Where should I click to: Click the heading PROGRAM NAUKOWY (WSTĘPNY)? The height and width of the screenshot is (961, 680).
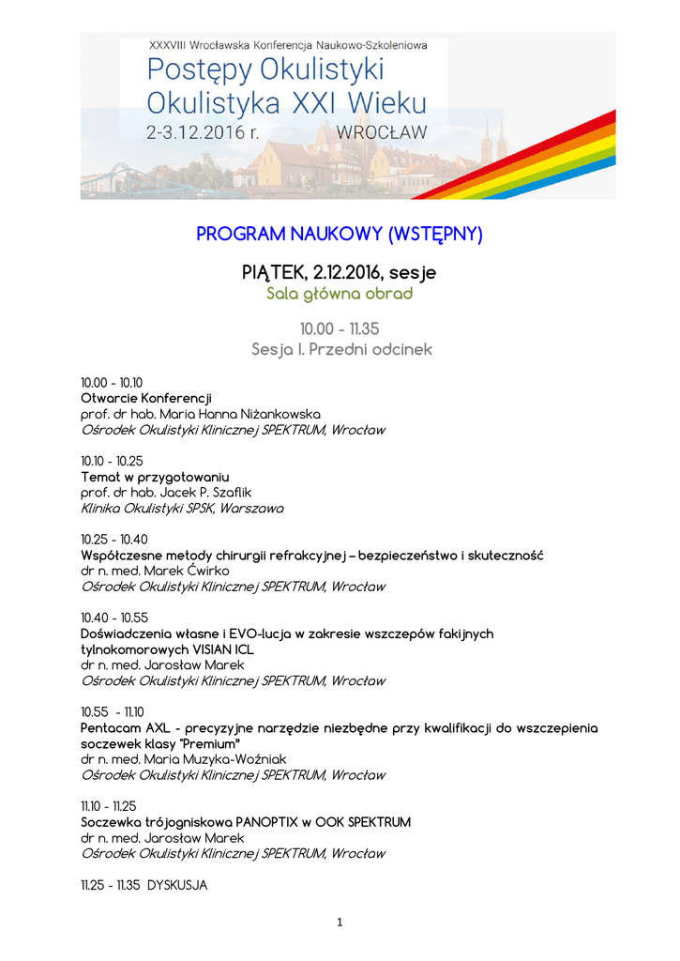[340, 234]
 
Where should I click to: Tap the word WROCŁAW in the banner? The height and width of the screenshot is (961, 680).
[380, 132]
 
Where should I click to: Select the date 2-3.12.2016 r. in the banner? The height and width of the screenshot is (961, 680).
[204, 132]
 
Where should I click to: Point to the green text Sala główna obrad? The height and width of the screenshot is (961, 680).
[340, 294]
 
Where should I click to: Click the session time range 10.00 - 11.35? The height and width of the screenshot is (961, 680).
[340, 328]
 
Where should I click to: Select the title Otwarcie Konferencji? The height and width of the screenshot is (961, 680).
[146, 398]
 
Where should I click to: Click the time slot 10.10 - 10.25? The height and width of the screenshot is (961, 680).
[112, 461]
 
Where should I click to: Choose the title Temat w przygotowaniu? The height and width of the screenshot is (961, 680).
[155, 477]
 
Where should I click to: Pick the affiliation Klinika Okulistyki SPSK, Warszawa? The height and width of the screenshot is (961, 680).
[182, 509]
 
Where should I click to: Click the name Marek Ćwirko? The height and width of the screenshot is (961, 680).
[187, 571]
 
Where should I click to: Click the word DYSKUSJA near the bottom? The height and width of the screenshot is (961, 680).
[177, 885]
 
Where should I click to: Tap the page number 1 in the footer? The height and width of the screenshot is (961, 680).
[340, 923]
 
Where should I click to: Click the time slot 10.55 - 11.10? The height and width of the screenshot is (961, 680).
[113, 712]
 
